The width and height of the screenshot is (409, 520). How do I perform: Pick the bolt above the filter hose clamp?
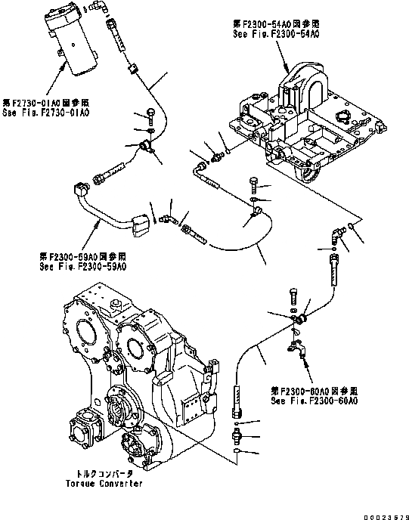click(151, 115)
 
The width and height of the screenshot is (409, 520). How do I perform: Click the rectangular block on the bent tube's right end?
click(140, 225)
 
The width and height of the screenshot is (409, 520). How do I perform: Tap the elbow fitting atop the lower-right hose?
click(336, 236)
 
